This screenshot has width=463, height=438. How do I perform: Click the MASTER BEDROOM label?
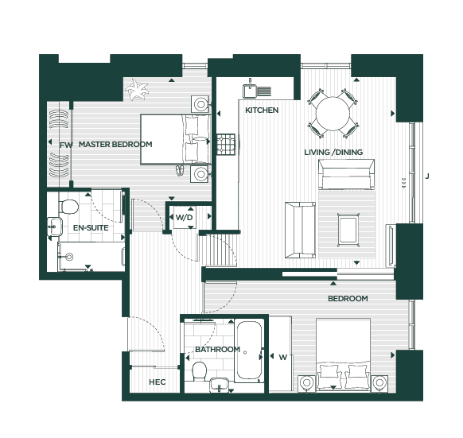(x=115, y=145)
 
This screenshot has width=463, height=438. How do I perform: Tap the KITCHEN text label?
(x=262, y=110)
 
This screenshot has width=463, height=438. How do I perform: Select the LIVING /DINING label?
(x=333, y=153)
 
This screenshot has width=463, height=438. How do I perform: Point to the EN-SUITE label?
(x=91, y=228)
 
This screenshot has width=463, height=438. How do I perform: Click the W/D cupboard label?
(x=184, y=218)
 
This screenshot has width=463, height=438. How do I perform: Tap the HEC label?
(x=157, y=382)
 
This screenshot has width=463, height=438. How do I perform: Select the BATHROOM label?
(x=217, y=350)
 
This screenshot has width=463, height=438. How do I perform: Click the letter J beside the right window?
(x=427, y=176)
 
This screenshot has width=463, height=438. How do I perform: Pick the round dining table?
(x=333, y=114)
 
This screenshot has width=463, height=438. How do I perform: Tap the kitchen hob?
(x=226, y=145)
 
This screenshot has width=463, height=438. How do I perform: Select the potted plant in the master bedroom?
(x=136, y=89)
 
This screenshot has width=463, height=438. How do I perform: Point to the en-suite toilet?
(x=68, y=207)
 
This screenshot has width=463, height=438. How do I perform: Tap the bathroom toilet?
(x=199, y=371)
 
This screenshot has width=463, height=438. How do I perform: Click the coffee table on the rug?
(x=348, y=230)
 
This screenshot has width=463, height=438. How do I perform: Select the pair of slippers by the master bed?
(x=180, y=171)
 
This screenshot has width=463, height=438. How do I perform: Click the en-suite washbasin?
(x=55, y=227)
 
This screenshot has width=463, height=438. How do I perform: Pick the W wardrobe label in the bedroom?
(x=282, y=358)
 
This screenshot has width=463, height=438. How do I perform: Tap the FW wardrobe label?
(x=66, y=145)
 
